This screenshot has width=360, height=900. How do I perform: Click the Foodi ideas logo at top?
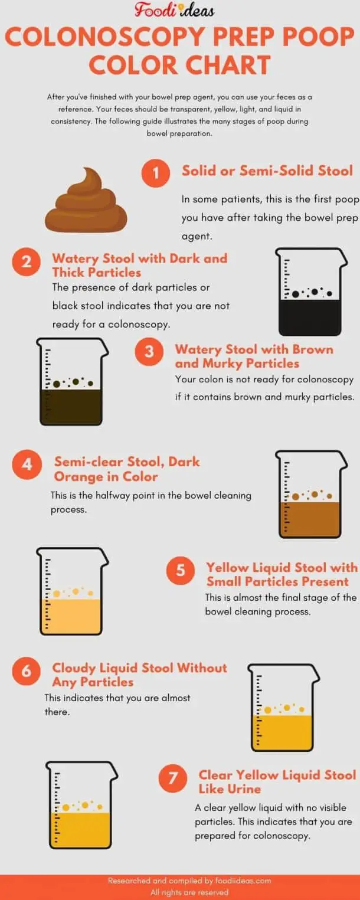coord(174,10)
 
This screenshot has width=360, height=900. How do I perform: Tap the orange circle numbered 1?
coord(156,173)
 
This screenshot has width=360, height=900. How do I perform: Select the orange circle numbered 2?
coord(27,261)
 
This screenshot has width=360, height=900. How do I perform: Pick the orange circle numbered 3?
coord(149,352)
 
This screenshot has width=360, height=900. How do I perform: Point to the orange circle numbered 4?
coord(27,464)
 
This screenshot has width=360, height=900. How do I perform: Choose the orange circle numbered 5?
coord(181,570)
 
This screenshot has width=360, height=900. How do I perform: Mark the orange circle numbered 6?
coord(27,671)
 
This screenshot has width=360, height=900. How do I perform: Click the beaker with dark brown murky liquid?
coord(73,382)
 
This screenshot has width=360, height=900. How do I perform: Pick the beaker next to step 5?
coord(72,591)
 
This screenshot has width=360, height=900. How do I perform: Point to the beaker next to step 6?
coord(283,708)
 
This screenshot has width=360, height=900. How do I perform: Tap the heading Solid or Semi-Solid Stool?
coord(267,171)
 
